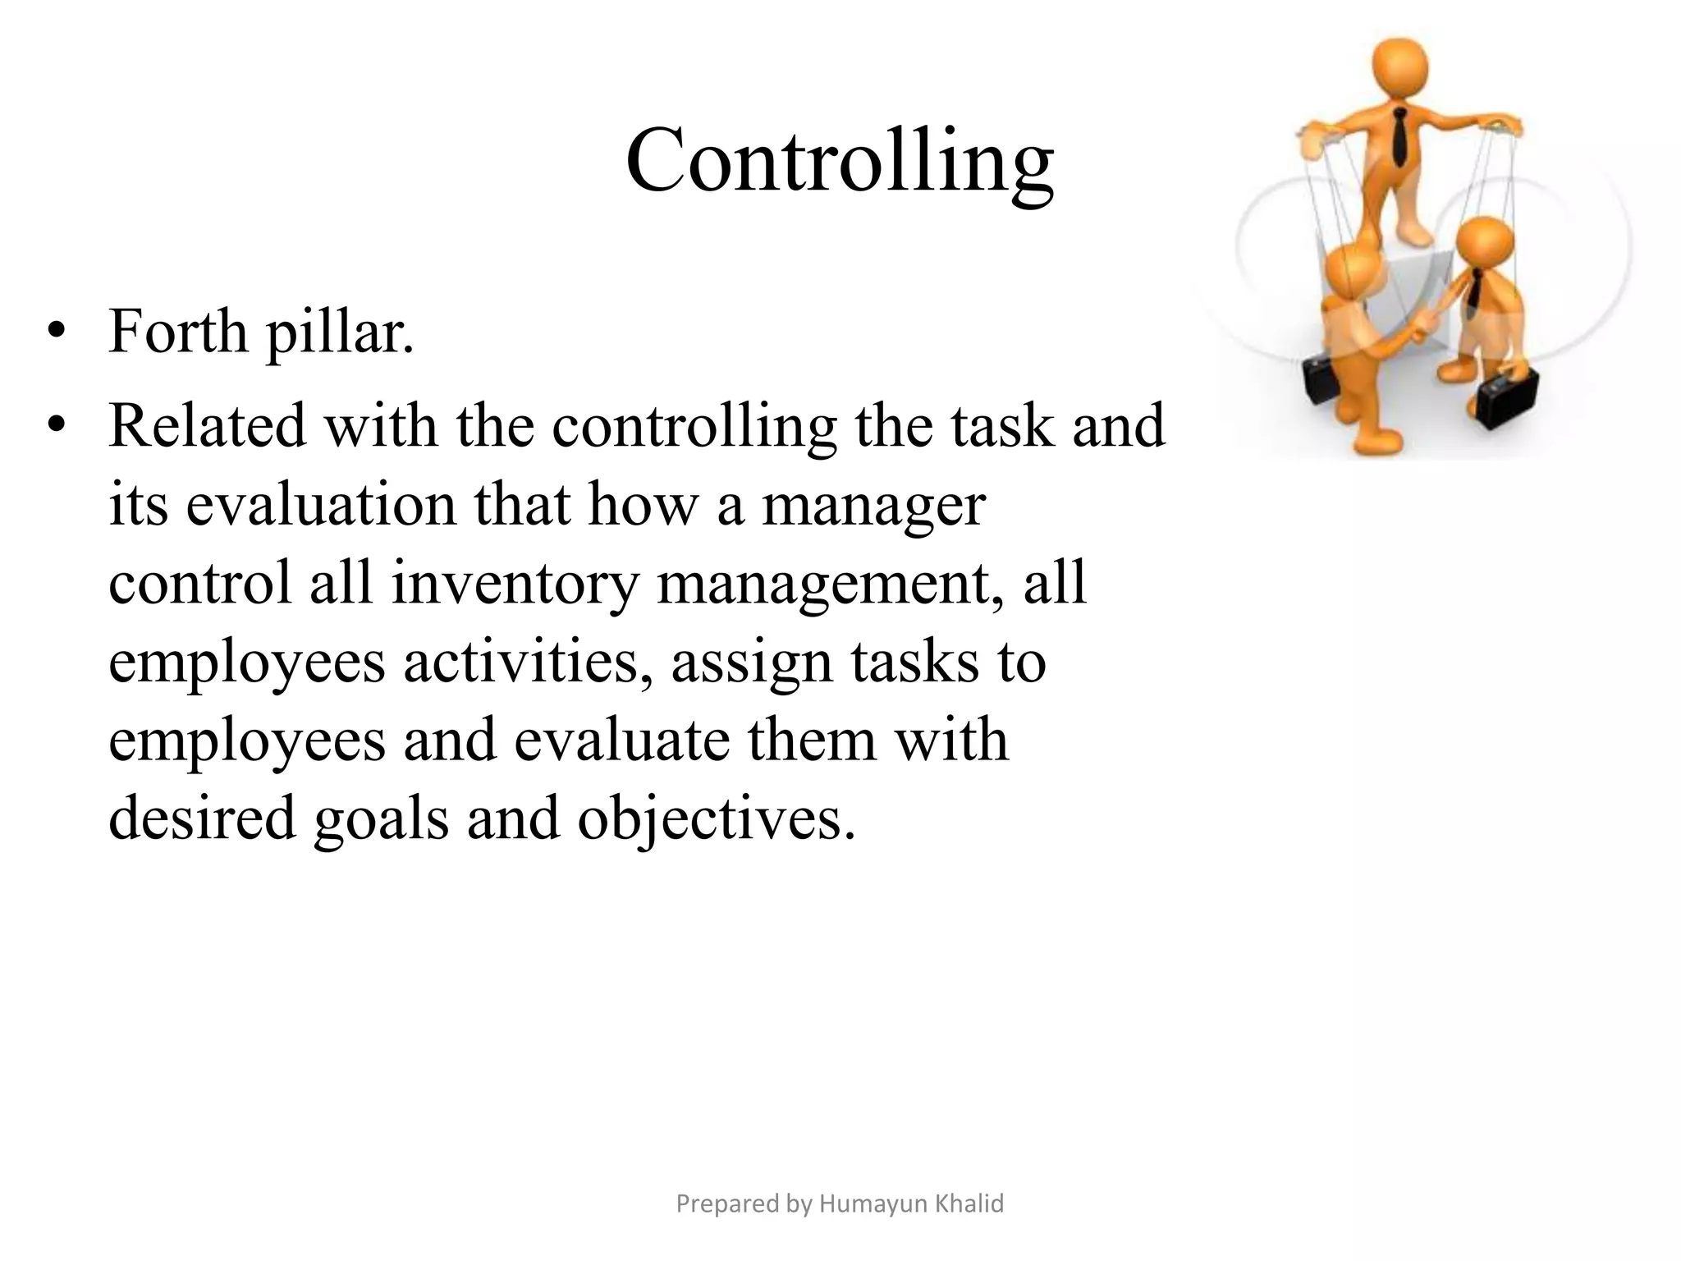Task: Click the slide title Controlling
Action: (839, 162)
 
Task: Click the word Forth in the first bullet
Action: (177, 332)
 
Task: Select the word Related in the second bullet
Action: (207, 425)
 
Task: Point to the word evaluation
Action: (320, 504)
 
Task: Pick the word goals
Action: (381, 819)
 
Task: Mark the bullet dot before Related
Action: (56, 426)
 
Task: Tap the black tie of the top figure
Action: (1399, 135)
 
